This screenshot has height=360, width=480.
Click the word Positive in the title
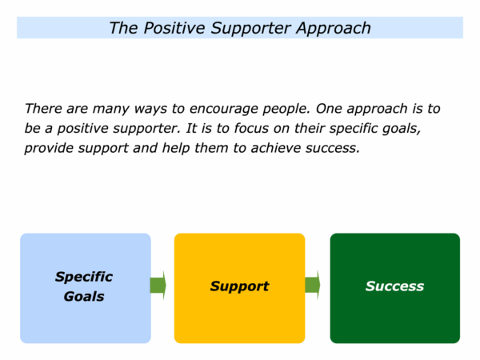click(174, 29)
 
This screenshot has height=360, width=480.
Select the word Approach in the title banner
click(334, 29)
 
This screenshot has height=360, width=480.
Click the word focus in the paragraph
click(251, 128)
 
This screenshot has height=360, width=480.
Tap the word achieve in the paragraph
click(276, 148)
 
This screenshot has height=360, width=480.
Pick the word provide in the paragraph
click(49, 149)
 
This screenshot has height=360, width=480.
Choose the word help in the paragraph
click(176, 149)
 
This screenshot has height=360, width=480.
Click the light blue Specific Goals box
click(86, 288)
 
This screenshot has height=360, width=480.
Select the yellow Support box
click(239, 288)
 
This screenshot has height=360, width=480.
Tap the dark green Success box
click(395, 288)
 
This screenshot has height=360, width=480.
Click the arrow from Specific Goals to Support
click(158, 286)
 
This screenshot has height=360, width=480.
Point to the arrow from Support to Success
click(313, 285)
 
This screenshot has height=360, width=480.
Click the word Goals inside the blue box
click(84, 296)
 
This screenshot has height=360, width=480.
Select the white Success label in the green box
click(394, 286)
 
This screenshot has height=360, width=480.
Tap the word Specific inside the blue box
click(84, 278)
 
